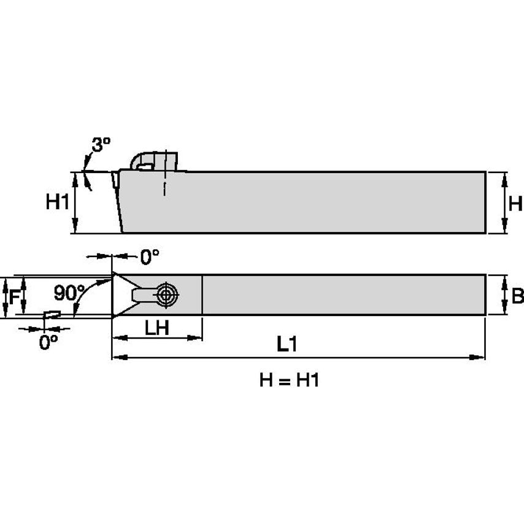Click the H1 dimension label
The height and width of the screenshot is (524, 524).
(x=57, y=202)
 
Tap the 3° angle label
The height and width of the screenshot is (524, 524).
(x=101, y=145)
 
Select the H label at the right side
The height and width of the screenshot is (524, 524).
(x=515, y=203)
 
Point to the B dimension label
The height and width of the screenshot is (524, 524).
(x=517, y=296)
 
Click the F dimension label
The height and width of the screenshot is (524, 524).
(x=12, y=296)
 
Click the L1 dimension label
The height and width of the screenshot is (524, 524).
(x=287, y=345)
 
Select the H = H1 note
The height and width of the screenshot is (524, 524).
(x=289, y=381)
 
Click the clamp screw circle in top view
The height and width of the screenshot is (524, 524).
(x=165, y=295)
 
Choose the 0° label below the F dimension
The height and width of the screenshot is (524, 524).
(x=48, y=342)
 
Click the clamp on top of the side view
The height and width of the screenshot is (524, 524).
(x=153, y=161)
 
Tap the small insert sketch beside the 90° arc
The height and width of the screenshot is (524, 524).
(x=52, y=314)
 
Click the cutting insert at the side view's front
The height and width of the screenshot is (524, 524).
(x=115, y=182)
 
